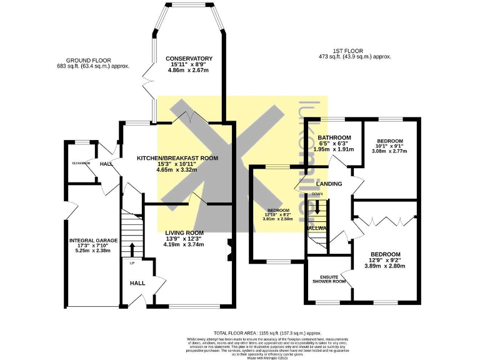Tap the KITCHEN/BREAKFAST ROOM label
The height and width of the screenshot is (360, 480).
(177, 158)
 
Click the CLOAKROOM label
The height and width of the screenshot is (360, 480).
(81, 163)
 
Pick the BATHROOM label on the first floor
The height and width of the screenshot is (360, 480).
(333, 137)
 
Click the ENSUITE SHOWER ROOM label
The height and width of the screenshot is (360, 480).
(329, 278)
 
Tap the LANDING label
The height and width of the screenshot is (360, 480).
(329, 184)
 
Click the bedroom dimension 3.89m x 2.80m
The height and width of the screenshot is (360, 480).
(387, 266)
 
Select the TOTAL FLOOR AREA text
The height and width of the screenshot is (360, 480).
(259, 334)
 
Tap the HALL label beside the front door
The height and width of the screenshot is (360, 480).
(137, 283)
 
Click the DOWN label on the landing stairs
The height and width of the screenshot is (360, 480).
(317, 194)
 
